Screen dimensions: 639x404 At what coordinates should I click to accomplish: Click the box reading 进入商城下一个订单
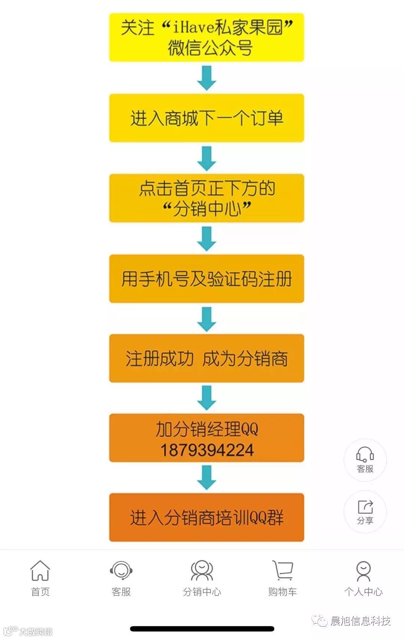tap(206, 118)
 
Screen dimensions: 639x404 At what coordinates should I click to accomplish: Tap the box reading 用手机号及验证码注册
tap(206, 279)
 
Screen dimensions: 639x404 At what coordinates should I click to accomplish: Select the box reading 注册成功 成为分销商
tap(206, 358)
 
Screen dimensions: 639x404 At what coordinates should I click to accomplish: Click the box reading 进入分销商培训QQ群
tap(206, 518)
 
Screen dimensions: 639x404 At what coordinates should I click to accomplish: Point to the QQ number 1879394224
tap(207, 450)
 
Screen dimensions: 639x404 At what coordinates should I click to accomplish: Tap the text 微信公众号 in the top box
tap(210, 48)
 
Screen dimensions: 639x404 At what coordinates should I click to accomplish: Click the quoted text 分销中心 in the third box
tap(207, 208)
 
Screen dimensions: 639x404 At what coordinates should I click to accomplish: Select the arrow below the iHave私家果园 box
tap(206, 78)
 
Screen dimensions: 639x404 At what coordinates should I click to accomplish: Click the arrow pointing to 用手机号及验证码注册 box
tap(206, 239)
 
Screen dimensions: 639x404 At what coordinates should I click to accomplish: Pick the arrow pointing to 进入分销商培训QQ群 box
tap(206, 478)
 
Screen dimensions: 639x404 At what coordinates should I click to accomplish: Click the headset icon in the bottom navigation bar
tap(121, 570)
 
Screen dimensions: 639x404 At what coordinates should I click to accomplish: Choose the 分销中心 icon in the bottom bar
tap(202, 570)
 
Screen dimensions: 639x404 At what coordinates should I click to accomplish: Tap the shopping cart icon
tap(283, 570)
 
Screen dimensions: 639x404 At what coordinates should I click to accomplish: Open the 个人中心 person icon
tap(363, 570)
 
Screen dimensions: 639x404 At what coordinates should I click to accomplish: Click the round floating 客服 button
tap(365, 460)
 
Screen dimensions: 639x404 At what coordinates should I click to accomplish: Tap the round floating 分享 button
tap(365, 512)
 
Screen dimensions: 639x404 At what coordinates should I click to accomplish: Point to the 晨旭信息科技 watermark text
tap(360, 621)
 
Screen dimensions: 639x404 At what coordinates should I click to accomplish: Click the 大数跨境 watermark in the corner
tap(35, 632)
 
